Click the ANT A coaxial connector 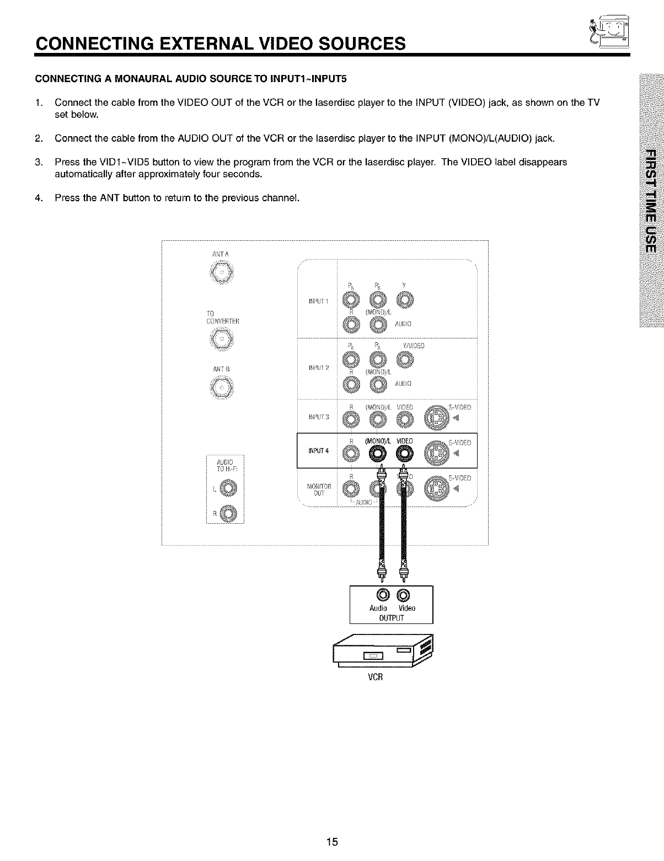click(222, 272)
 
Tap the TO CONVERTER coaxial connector click(222, 338)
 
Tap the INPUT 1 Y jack click(404, 300)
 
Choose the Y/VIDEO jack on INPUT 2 click(404, 361)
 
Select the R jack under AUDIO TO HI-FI click(228, 514)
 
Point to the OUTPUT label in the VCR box click(392, 617)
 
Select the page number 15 click(331, 842)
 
